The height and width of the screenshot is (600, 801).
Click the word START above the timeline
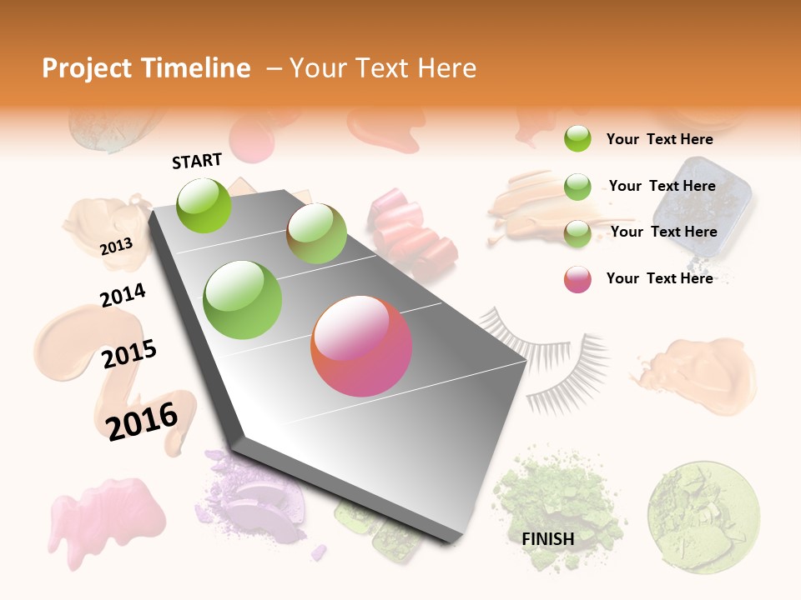pos(197,161)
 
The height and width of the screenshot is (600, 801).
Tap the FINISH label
pos(548,539)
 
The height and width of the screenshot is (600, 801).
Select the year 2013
pos(117,246)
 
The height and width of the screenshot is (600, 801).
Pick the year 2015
pos(129,354)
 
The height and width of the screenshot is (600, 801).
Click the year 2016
pos(143,421)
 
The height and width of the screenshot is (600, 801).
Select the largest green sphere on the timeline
pos(243,300)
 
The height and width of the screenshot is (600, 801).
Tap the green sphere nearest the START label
pos(204,205)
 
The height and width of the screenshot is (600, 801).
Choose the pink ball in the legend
pos(577,279)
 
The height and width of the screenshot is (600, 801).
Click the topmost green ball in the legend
pos(577,139)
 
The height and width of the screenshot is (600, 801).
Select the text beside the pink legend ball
pos(659,278)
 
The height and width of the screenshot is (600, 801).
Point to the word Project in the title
pos(86,68)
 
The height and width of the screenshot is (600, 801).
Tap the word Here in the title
pos(446,68)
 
